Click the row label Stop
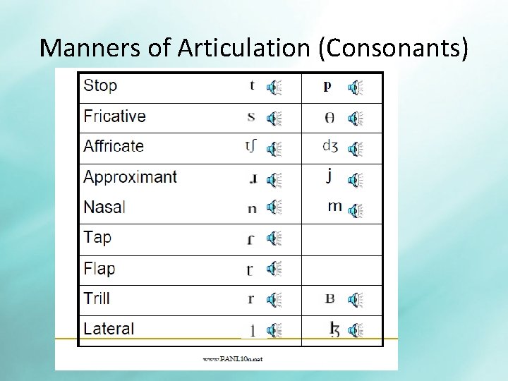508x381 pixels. pyautogui.click(x=100, y=86)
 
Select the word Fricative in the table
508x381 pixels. pyautogui.click(x=114, y=116)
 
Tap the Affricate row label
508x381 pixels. pyautogui.click(x=114, y=146)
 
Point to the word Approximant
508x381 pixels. pyautogui.click(x=130, y=176)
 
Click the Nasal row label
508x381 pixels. pyautogui.click(x=104, y=207)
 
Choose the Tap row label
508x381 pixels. pyautogui.click(x=97, y=237)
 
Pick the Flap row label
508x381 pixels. pyautogui.click(x=99, y=268)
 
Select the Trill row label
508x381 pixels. pyautogui.click(x=97, y=298)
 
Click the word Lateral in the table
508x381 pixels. pyautogui.click(x=109, y=329)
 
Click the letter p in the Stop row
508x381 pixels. pyautogui.click(x=327, y=86)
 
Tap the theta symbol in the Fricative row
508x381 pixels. pyautogui.click(x=329, y=117)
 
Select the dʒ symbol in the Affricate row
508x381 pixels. pyautogui.click(x=329, y=147)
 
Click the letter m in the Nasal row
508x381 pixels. pyautogui.click(x=335, y=207)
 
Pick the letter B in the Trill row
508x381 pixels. pyautogui.click(x=329, y=298)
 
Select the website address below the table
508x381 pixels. pyautogui.click(x=233, y=358)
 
